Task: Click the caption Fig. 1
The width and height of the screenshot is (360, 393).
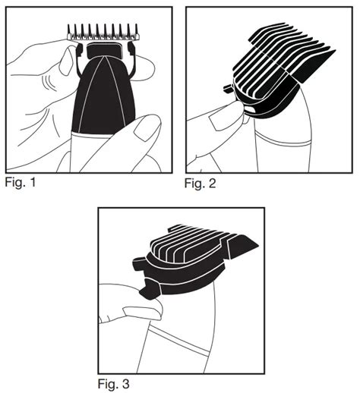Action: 21,182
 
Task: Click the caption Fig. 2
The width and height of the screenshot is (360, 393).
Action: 201,183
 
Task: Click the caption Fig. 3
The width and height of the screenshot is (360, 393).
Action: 114,384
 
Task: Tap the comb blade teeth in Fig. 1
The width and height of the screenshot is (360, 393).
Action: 103,32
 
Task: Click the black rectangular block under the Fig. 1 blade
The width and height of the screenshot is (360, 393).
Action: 104,50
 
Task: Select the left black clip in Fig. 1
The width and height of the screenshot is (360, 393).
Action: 80,50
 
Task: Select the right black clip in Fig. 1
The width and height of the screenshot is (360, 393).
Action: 131,49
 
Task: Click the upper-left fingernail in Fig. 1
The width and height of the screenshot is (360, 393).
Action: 66,61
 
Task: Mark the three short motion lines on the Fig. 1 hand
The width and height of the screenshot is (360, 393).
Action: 49,83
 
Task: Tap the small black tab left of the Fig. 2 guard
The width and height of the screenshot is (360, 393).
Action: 229,89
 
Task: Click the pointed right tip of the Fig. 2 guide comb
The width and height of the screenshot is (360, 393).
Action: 335,50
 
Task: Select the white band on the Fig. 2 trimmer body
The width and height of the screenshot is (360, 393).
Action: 283,140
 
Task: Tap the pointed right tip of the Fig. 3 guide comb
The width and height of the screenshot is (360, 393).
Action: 258,245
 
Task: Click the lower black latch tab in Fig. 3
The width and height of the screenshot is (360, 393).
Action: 150,289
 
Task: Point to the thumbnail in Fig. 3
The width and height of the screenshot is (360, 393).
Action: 143,313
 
